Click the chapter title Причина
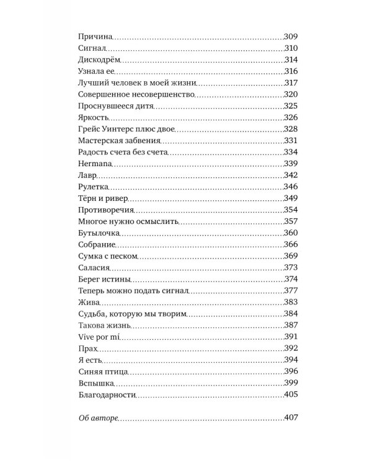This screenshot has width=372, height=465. coord(94,37)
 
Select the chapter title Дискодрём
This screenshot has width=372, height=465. coord(99,60)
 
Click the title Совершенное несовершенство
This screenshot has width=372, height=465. coord(137,94)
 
